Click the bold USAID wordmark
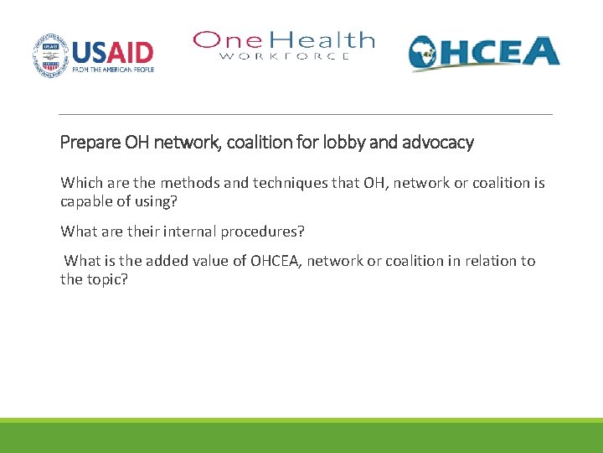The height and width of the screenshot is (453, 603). click(x=112, y=52)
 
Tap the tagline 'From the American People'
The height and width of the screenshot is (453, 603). click(x=112, y=71)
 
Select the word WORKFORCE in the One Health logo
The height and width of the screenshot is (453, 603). click(x=284, y=56)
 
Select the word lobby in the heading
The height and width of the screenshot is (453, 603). click(x=346, y=143)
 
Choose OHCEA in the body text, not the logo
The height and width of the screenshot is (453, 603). click(x=275, y=260)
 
